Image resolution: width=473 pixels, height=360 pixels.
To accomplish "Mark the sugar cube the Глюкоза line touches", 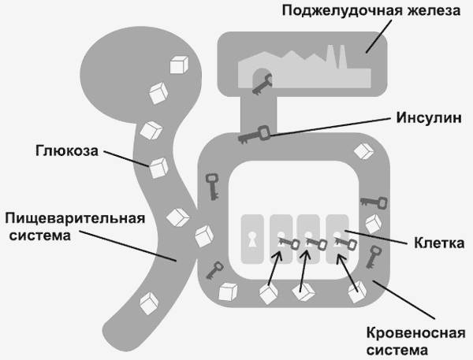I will pos(159,167).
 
